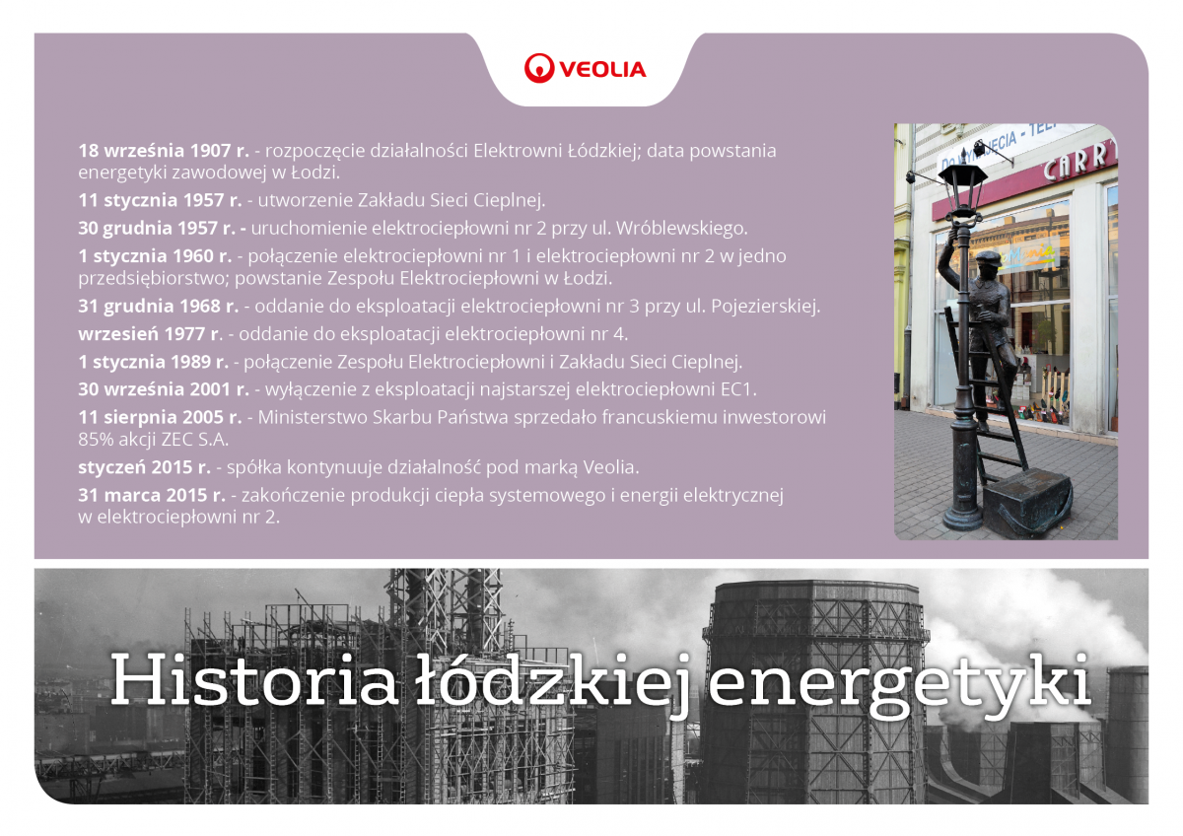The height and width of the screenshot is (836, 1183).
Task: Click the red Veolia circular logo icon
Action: (x=539, y=69)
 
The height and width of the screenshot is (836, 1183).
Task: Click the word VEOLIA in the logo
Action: (x=602, y=70)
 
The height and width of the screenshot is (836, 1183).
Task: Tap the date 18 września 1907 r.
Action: (x=164, y=151)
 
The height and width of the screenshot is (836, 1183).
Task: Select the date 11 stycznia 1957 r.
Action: (x=160, y=200)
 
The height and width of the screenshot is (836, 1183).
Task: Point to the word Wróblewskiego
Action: (x=681, y=228)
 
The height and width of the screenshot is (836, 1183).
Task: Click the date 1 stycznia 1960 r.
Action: (x=156, y=256)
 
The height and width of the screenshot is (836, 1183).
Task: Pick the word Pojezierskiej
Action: (x=765, y=307)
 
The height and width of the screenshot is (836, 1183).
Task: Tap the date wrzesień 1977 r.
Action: (x=150, y=334)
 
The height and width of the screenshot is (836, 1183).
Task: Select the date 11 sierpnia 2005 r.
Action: (x=160, y=418)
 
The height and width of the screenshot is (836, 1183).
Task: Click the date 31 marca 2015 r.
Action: (x=152, y=495)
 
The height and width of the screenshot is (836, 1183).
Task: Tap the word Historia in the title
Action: (x=254, y=680)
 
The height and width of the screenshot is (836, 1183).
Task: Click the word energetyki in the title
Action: (x=899, y=686)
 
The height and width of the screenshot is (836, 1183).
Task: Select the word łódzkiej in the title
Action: (x=552, y=684)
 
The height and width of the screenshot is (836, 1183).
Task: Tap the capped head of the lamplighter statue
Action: (x=987, y=264)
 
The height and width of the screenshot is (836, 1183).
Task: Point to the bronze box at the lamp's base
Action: (x=1027, y=504)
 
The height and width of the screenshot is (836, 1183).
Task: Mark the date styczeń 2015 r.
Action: (x=144, y=467)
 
